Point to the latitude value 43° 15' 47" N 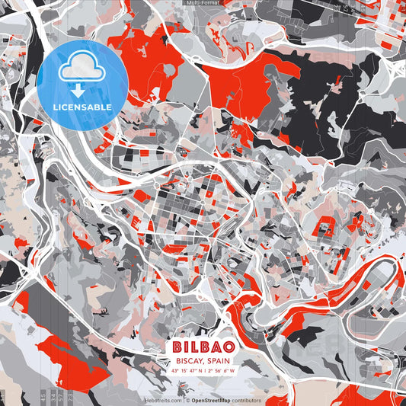pyautogui.click(x=188, y=371)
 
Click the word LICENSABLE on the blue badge pyautogui.click(x=82, y=107)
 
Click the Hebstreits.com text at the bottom pyautogui.click(x=162, y=400)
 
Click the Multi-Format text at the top pyautogui.click(x=203, y=3)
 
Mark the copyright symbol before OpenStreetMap pyautogui.click(x=188, y=400)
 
